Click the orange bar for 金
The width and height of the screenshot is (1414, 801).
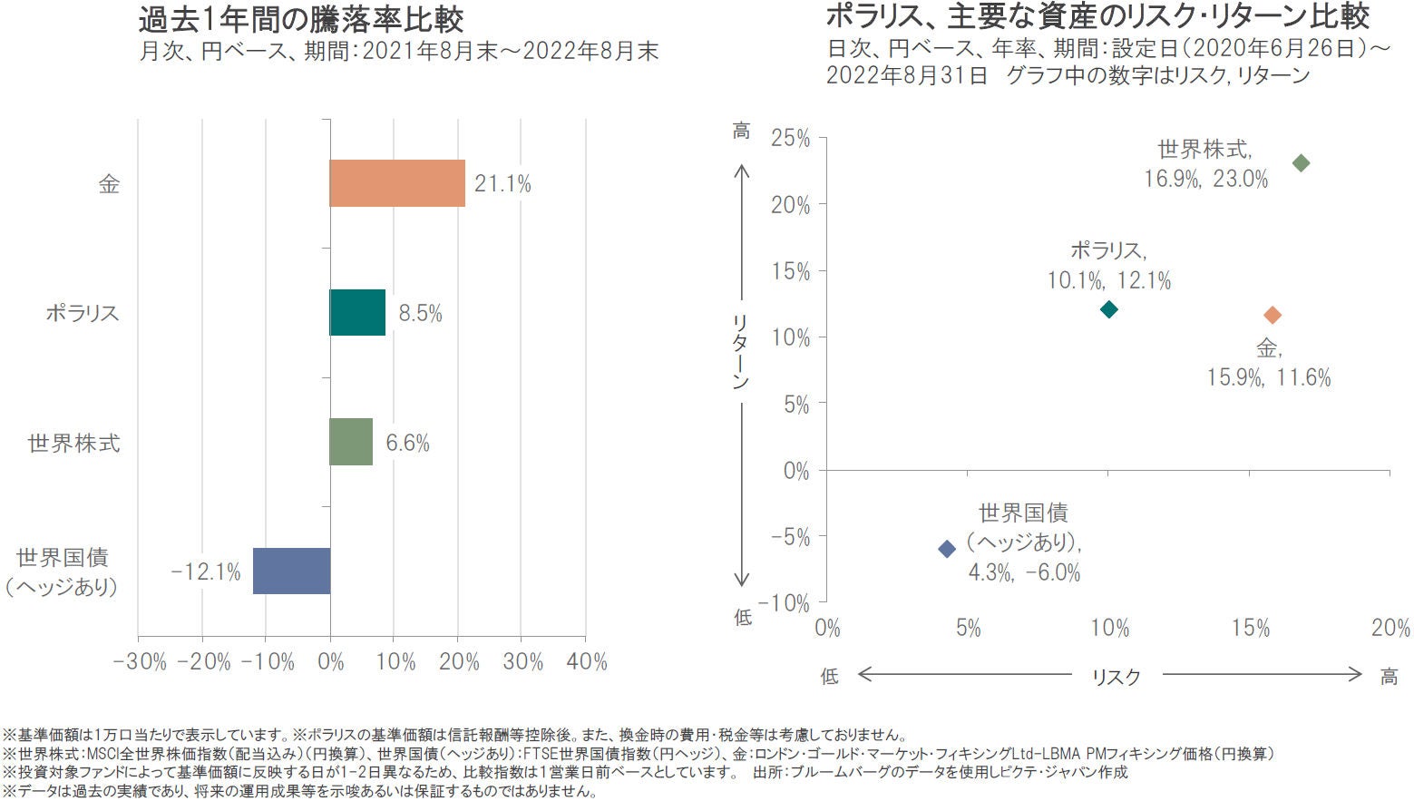pos(396,183)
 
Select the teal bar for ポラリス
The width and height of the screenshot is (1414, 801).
pos(357,313)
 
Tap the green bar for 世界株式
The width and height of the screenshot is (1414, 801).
pos(351,442)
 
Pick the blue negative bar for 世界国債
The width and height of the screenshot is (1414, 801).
pos(291,571)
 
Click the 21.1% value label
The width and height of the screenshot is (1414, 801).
pos(502,184)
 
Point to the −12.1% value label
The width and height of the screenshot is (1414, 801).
pos(207,571)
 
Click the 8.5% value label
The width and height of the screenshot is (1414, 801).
pos(420,314)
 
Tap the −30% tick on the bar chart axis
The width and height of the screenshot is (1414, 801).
pos(140,662)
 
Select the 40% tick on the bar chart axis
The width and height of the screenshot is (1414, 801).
pos(586,662)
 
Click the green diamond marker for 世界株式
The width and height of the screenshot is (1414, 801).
pos(1301,163)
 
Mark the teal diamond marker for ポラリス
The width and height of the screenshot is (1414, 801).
pos(1108,309)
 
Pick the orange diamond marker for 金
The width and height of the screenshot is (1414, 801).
pos(1273,315)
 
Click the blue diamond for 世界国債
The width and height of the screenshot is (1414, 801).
pos(947,549)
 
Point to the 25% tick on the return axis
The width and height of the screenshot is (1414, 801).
pos(790,139)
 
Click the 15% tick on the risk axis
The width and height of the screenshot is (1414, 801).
pos(1250,629)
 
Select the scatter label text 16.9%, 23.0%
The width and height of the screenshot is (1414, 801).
pos(1205,179)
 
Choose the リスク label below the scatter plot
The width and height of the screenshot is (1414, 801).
pos(1116,677)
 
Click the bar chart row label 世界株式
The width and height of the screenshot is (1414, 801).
pos(74,444)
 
